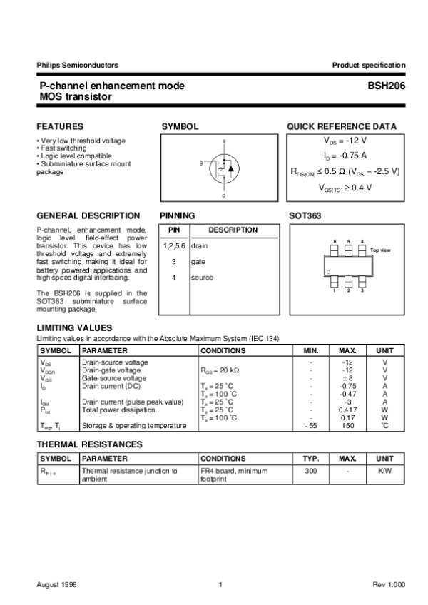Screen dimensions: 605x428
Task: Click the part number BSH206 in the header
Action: (x=387, y=86)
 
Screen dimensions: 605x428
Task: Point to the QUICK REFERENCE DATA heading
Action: (x=342, y=126)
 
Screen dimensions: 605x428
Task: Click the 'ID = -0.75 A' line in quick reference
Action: (x=345, y=156)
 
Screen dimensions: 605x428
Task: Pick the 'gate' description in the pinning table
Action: (x=198, y=262)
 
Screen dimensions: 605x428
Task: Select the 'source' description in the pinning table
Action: (x=202, y=278)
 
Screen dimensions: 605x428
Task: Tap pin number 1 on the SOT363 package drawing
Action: (x=335, y=290)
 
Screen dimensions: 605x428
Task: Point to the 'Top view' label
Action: (x=381, y=250)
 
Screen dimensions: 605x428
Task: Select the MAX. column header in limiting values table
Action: (x=347, y=351)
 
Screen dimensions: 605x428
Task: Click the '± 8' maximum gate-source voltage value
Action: (x=347, y=378)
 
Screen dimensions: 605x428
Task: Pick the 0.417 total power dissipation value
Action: (x=347, y=410)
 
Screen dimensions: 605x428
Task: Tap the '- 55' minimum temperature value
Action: (x=310, y=426)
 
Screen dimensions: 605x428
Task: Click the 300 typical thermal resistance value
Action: (x=310, y=472)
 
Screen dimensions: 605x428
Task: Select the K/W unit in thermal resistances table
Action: (x=384, y=472)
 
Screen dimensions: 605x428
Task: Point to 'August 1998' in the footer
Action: (x=57, y=585)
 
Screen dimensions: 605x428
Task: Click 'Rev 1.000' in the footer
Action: (x=389, y=585)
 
